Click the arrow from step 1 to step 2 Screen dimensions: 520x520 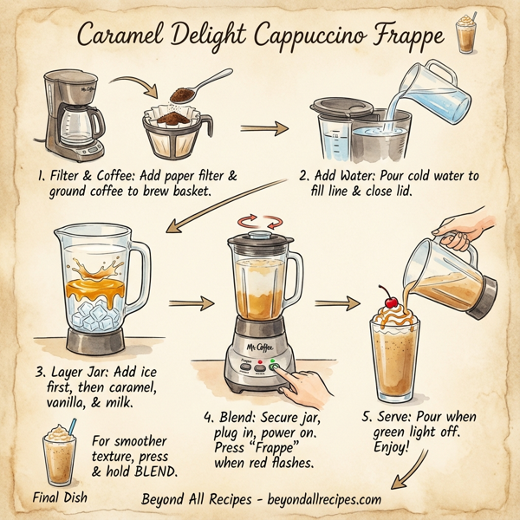click(263, 129)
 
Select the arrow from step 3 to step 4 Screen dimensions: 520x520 click(191, 304)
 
